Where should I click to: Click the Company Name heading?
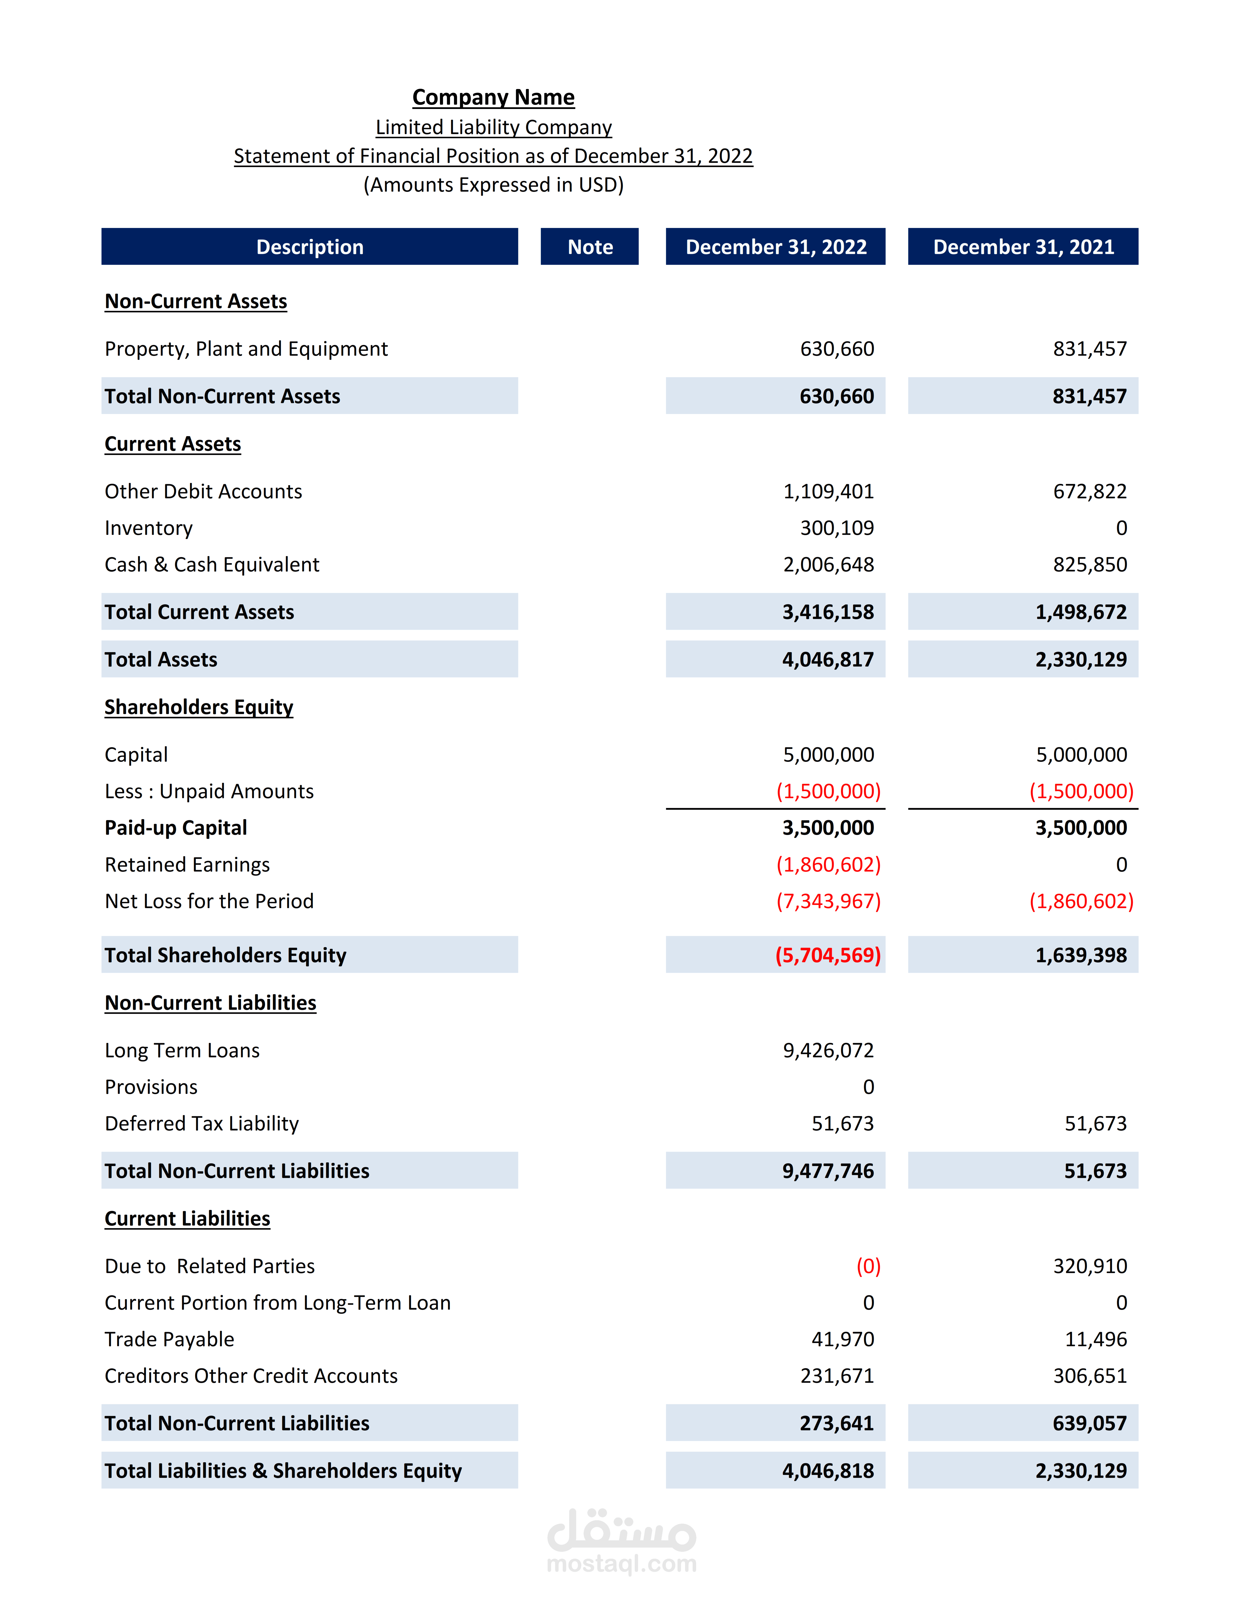(493, 97)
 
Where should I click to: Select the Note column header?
(590, 247)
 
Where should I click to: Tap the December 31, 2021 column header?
(1023, 247)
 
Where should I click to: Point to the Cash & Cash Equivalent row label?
(211, 565)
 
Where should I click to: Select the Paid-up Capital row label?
(175, 828)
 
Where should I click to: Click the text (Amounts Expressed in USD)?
(493, 185)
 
